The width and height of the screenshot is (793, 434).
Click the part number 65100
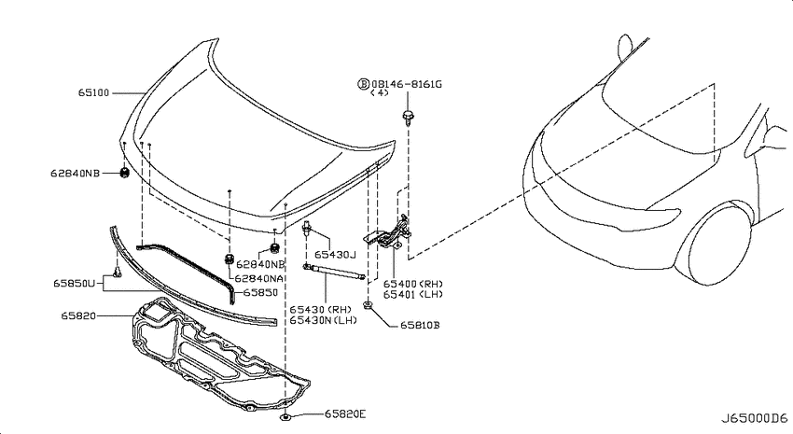pyautogui.click(x=93, y=93)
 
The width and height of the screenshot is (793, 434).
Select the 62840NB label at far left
pyautogui.click(x=75, y=173)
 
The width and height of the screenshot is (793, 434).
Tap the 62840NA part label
pyautogui.click(x=259, y=278)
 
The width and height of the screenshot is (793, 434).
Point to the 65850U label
pyautogui.click(x=74, y=284)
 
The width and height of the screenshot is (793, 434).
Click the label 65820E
pyautogui.click(x=345, y=414)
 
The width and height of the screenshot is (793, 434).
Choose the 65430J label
pyautogui.click(x=335, y=255)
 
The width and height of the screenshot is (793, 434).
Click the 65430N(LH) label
pyautogui.click(x=323, y=320)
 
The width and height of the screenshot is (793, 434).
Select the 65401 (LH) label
pyautogui.click(x=412, y=294)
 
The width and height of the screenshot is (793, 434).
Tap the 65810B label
pyautogui.click(x=420, y=325)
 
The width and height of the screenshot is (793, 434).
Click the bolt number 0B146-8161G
pyautogui.click(x=407, y=84)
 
